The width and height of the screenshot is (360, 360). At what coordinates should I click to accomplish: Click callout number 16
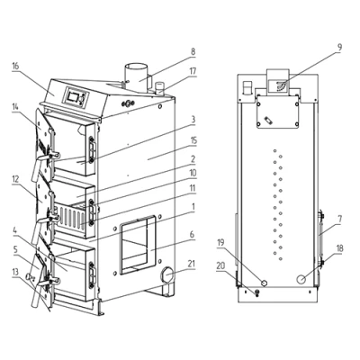pyautogui.click(x=15, y=66)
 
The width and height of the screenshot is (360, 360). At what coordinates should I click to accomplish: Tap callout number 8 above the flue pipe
pyautogui.click(x=193, y=51)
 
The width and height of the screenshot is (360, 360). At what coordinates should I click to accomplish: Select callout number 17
pyautogui.click(x=193, y=71)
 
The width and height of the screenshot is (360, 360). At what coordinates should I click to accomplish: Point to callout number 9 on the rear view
pyautogui.click(x=339, y=48)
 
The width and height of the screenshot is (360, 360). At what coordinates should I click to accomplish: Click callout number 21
pyautogui.click(x=192, y=264)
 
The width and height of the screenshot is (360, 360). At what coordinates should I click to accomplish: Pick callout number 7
pyautogui.click(x=339, y=219)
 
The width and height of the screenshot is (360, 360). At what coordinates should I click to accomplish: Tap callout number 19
pyautogui.click(x=220, y=242)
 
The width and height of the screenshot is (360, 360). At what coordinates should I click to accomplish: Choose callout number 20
pyautogui.click(x=220, y=265)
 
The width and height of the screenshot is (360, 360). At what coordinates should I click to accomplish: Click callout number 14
pyautogui.click(x=15, y=116)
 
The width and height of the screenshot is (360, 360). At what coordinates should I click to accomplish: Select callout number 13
pyautogui.click(x=15, y=272)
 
